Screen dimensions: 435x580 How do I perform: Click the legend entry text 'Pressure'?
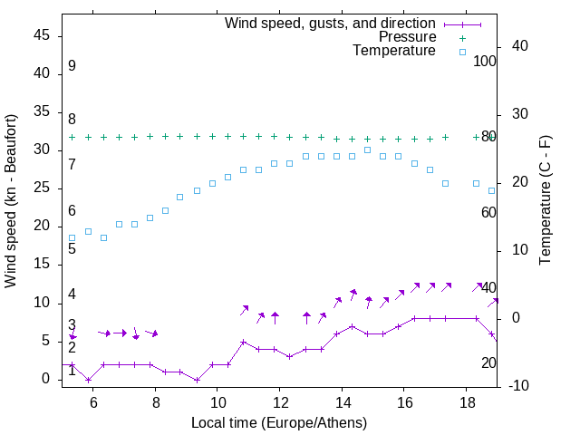click(408, 37)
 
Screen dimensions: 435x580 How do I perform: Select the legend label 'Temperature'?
click(394, 51)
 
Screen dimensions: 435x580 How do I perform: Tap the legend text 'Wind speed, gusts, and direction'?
click(331, 23)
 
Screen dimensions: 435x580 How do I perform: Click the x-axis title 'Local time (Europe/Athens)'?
click(279, 422)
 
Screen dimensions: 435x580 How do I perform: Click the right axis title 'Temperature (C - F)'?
click(545, 201)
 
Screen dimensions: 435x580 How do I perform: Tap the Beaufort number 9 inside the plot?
click(72, 66)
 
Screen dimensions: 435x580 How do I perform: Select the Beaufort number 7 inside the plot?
click(72, 164)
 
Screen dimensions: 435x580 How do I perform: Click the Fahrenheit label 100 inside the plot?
click(485, 61)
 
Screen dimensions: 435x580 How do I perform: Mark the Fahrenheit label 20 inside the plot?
click(488, 362)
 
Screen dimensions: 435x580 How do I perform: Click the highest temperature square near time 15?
click(367, 150)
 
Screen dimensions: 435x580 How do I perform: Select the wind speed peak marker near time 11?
click(243, 342)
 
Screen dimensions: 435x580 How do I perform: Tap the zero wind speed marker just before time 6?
click(88, 380)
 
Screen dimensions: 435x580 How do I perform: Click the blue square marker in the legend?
click(462, 52)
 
